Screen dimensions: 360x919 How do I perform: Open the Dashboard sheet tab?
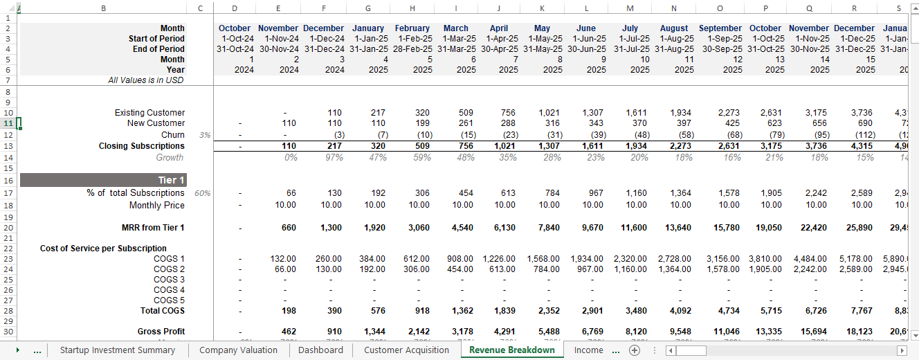[320, 350]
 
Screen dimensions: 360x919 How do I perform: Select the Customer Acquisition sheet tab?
[406, 350]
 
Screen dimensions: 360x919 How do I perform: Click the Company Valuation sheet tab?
[238, 350]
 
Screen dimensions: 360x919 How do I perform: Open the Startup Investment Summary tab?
[117, 350]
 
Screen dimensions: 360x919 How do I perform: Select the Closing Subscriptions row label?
[141, 146]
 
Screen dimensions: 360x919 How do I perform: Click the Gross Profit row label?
[161, 332]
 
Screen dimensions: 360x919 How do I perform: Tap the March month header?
[455, 28]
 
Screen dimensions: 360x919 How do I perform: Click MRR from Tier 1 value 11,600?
[635, 227]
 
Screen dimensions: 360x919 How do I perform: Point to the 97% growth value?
[333, 157]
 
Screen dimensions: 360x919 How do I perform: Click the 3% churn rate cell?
[204, 135]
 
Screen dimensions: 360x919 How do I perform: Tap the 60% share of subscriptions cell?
[202, 193]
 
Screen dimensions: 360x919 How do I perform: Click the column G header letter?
[368, 8]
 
